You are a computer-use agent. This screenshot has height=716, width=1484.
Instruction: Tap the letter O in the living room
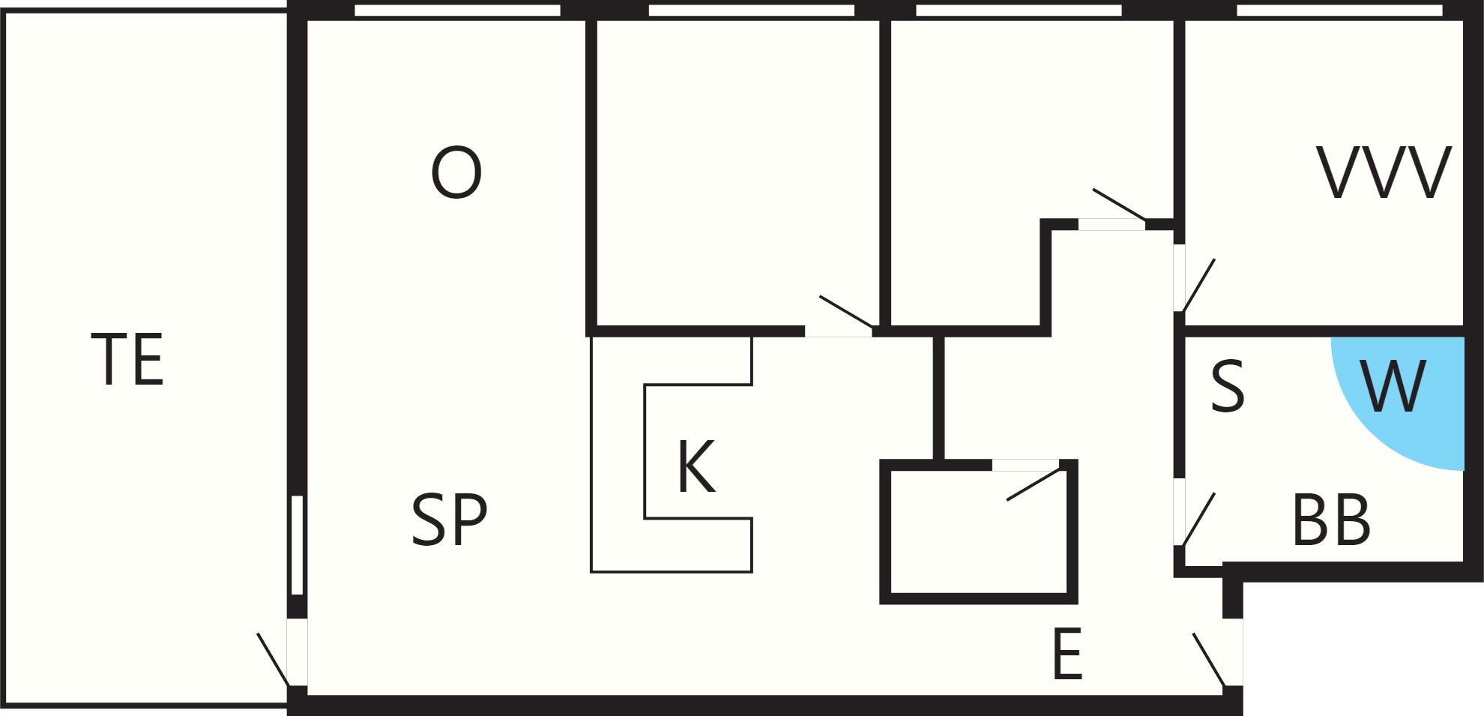pyautogui.click(x=456, y=173)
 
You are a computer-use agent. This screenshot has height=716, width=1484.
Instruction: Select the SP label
pyautogui.click(x=450, y=520)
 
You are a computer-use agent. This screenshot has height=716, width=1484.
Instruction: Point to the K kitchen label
pyautogui.click(x=696, y=467)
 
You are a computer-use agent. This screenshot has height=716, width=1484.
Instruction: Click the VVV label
pyautogui.click(x=1384, y=172)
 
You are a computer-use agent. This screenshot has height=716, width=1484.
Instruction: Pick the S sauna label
pyautogui.click(x=1228, y=386)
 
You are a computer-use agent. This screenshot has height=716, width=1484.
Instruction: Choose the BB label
pyautogui.click(x=1332, y=520)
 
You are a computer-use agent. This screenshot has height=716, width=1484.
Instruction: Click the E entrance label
pyautogui.click(x=1067, y=655)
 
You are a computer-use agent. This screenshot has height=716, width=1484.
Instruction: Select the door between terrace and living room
pyautogui.click(x=282, y=652)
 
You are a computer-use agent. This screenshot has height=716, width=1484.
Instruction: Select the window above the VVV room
pyautogui.click(x=1339, y=10)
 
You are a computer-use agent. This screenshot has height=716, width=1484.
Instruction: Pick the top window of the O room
pyautogui.click(x=457, y=10)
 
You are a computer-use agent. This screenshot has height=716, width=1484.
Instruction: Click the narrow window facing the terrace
pyautogui.click(x=297, y=545)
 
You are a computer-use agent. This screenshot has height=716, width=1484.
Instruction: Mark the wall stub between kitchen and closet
pyautogui.click(x=938, y=398)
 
